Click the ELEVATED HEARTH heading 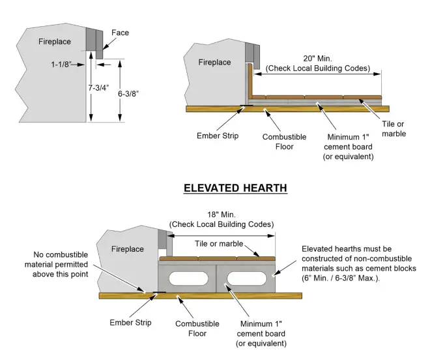[x=235, y=188]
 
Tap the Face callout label [x=120, y=33]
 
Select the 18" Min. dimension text [x=222, y=215]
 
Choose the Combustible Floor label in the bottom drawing [x=193, y=327]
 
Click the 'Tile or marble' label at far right [x=393, y=129]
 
